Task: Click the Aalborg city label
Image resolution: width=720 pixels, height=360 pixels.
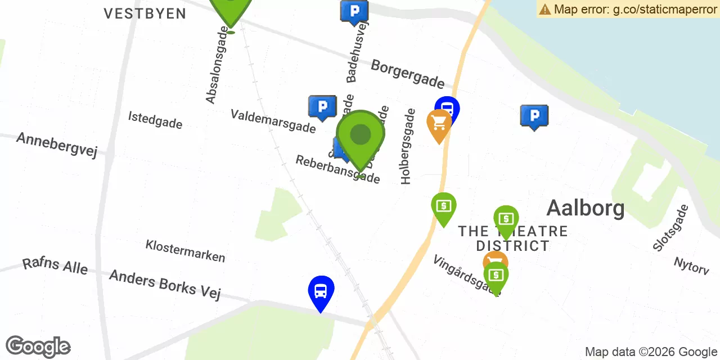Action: (x=585, y=208)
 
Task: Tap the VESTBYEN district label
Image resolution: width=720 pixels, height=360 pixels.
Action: (x=145, y=13)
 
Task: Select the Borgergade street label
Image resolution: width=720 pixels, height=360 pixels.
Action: (x=407, y=74)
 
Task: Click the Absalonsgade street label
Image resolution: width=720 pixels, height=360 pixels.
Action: (x=219, y=67)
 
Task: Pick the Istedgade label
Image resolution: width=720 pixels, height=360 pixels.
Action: (x=155, y=119)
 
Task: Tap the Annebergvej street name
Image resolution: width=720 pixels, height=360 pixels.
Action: (x=57, y=145)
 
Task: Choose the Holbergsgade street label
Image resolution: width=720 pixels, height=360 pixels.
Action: (x=407, y=146)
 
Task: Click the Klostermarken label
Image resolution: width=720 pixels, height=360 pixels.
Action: (x=185, y=251)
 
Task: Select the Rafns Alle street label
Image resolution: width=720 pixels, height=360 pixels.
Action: (x=55, y=265)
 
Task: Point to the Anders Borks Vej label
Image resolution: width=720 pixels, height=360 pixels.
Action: (x=165, y=284)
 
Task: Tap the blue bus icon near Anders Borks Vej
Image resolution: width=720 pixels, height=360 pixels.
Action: (x=321, y=291)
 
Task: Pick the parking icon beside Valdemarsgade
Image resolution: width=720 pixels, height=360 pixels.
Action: (x=322, y=106)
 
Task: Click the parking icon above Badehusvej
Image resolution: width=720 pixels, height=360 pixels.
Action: (x=354, y=11)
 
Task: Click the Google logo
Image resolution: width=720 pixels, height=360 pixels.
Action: (x=38, y=347)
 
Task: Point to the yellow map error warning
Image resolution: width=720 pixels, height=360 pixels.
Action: (x=628, y=9)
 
